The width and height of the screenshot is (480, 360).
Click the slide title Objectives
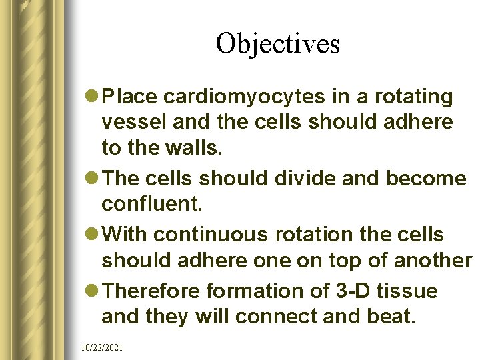(277, 43)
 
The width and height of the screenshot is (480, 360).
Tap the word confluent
(151, 203)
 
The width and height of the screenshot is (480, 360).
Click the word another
(432, 260)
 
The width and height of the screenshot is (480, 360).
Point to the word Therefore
(153, 291)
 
